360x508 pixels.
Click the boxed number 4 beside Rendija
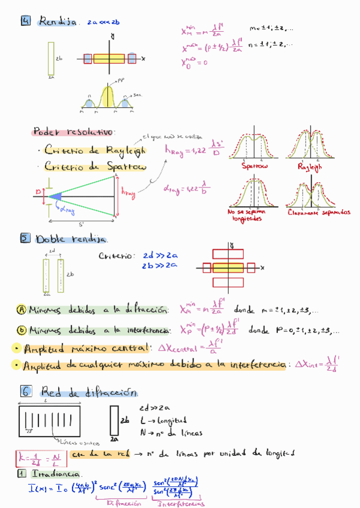[x=26, y=22]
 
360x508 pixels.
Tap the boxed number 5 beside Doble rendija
[x=26, y=238]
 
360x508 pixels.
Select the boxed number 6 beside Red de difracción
[x=26, y=392]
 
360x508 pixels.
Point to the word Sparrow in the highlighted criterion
[x=124, y=167]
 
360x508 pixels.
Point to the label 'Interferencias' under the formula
[x=180, y=504]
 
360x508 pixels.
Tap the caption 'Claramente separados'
[x=319, y=213]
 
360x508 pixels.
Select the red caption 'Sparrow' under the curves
[x=255, y=166]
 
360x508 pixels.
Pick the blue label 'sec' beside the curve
[x=137, y=95]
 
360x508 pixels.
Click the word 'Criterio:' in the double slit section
[x=117, y=256]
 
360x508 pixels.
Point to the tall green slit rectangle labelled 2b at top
[x=52, y=58]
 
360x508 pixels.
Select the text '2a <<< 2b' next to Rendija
[x=103, y=22]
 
